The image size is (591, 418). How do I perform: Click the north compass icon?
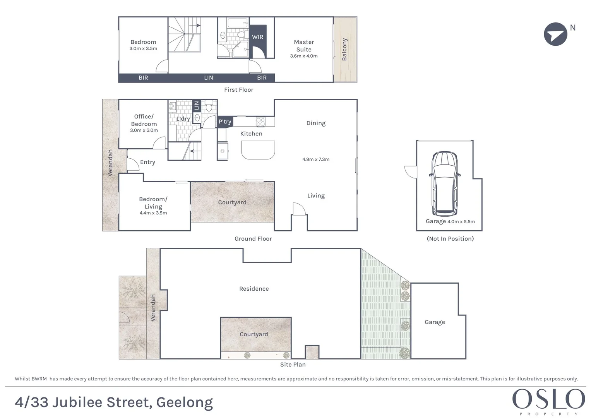tap(555, 34)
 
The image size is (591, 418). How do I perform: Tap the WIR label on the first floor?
tap(257, 37)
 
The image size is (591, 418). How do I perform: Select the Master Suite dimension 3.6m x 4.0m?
tap(304, 56)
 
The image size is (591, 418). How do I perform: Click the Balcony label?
tap(344, 50)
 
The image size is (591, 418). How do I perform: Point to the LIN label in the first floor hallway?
tap(209, 78)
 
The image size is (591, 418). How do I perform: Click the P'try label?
tap(225, 122)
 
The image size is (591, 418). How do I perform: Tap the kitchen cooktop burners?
tap(260, 122)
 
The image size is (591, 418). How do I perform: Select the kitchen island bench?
tap(258, 150)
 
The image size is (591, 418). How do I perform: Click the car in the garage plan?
tap(445, 183)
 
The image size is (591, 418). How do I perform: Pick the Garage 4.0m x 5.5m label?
tap(450, 221)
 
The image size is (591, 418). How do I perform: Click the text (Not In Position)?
tap(450, 239)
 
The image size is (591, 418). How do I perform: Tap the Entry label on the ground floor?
tap(147, 162)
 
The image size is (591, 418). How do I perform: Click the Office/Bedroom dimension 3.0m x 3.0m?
tap(144, 130)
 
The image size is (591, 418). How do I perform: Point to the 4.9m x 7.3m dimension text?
tap(316, 159)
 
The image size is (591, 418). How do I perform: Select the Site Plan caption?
tap(293, 365)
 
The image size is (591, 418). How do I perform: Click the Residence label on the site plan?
tap(254, 289)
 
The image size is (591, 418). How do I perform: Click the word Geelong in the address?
tap(184, 403)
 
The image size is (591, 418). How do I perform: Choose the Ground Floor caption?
tap(253, 239)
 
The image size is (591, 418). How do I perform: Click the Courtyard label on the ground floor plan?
tap(232, 202)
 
